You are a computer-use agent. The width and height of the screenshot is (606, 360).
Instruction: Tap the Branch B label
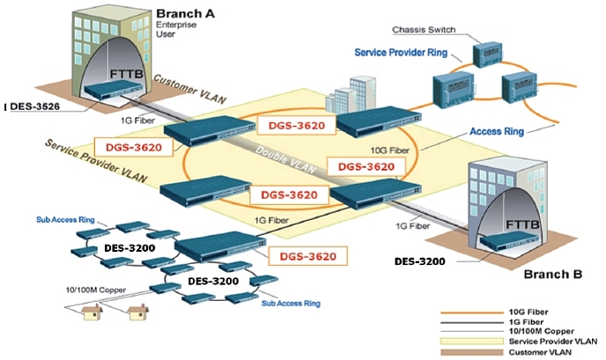pos(552,275)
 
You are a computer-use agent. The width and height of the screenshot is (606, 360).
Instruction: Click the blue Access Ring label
pos(498,132)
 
